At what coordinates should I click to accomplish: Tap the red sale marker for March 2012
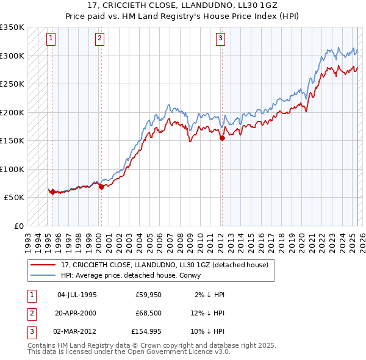(x=222, y=138)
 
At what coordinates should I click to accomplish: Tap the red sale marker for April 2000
(x=101, y=187)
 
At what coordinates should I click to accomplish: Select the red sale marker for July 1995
(x=52, y=192)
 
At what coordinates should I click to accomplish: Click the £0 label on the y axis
(x=18, y=226)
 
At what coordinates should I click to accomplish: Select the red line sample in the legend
(x=43, y=265)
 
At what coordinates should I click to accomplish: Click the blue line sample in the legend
(x=43, y=275)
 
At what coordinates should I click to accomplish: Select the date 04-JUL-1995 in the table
(x=76, y=295)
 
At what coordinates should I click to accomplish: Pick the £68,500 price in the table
(x=149, y=313)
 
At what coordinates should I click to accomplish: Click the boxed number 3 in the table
(x=31, y=331)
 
